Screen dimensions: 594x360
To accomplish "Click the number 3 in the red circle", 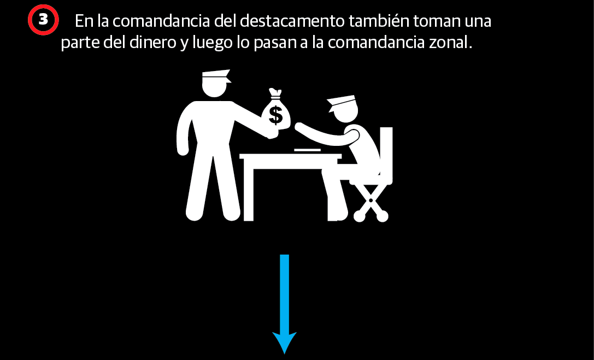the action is tap(43, 20).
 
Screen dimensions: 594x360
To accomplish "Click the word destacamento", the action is tap(292, 21).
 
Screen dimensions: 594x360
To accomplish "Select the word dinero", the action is tap(152, 43).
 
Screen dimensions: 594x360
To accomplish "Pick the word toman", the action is tap(437, 21).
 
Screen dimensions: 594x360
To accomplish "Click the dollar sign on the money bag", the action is tap(275, 115).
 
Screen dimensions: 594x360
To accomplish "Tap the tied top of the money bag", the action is tap(275, 93).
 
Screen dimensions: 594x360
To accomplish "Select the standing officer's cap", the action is tap(216, 76).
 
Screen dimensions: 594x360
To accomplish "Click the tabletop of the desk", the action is tap(291, 156).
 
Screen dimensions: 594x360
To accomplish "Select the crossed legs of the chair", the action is tap(371, 203).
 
